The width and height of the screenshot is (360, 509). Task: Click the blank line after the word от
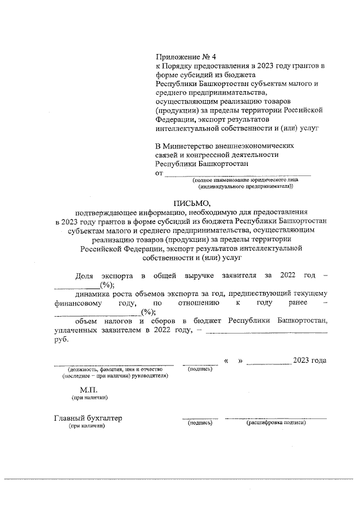237,173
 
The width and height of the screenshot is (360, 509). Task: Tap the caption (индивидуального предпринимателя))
246,186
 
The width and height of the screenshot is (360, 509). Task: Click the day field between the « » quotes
233,361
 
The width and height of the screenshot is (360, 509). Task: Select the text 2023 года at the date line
310,360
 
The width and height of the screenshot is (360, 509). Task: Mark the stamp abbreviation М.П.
89,389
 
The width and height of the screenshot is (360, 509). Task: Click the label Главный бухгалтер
88,418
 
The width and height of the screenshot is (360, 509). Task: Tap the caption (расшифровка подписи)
276,422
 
